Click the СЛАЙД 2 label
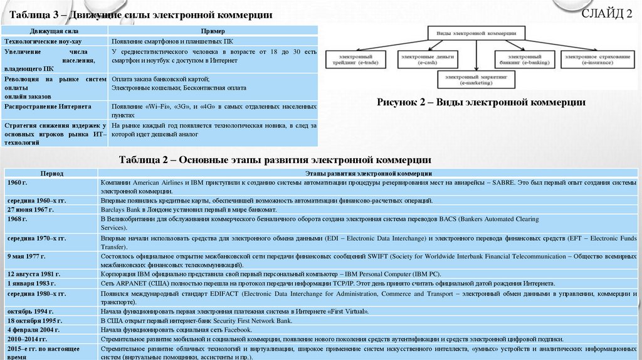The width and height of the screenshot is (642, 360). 607,15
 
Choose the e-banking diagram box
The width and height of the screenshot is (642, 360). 522,60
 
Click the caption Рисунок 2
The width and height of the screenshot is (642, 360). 481,102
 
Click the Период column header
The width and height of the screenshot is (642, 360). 52,172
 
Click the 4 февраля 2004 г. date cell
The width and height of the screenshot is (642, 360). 33,329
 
